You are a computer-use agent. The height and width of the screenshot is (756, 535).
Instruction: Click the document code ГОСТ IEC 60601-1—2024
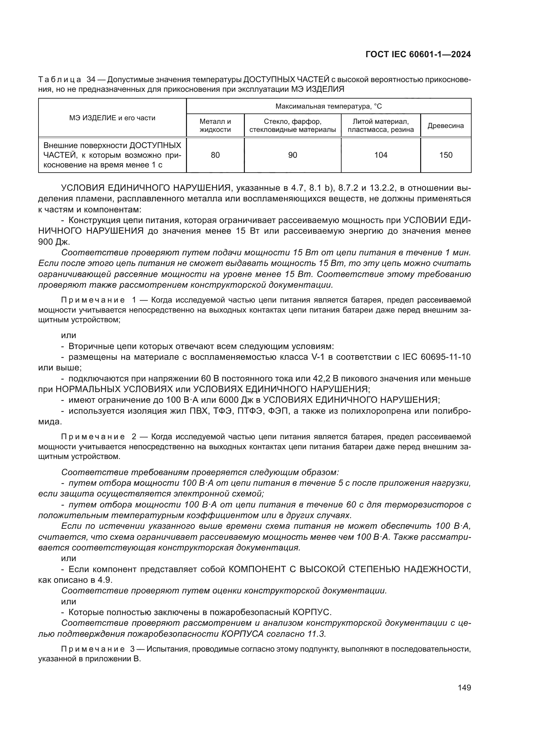coord(418,55)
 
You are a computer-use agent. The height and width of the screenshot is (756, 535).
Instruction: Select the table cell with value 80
coord(215,155)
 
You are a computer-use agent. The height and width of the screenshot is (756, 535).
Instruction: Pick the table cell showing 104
coord(380,155)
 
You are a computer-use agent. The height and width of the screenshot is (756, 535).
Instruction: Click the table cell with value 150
coord(446,155)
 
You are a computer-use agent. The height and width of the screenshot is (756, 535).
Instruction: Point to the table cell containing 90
coord(292,155)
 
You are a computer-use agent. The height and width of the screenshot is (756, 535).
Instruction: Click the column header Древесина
coord(446,125)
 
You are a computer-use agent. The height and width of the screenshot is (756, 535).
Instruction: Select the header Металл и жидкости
coord(215,125)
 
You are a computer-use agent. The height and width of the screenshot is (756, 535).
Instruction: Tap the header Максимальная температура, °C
coord(328,106)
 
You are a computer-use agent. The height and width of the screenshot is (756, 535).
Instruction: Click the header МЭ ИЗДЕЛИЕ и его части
coord(112,118)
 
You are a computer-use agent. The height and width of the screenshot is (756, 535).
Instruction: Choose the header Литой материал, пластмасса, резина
coord(380,125)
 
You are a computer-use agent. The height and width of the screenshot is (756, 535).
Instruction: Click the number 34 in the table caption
coord(91,80)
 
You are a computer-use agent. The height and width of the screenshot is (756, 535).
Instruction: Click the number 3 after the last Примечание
coord(132,649)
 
